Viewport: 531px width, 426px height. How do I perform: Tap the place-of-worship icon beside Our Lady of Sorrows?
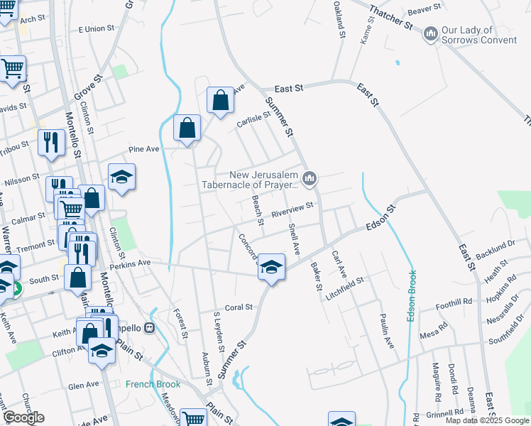431,34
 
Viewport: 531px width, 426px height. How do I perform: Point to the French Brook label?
153,384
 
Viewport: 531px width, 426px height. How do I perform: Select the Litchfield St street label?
345,283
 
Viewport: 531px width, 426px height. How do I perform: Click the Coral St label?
239,307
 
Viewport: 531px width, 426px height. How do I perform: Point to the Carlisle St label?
253,121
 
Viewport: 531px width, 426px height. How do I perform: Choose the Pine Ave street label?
144,150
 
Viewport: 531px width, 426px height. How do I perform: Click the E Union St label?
96,29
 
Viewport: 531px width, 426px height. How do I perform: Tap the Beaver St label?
425,10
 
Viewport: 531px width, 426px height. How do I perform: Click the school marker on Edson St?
270,267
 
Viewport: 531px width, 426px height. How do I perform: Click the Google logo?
23,417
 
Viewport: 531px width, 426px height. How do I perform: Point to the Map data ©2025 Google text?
487,420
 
